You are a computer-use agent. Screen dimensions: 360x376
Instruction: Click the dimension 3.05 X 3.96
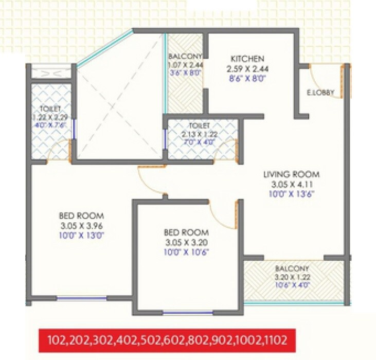click(x=82, y=225)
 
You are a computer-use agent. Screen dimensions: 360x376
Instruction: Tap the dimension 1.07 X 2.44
click(x=185, y=65)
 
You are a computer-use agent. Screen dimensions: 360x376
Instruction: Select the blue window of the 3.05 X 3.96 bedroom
click(x=81, y=297)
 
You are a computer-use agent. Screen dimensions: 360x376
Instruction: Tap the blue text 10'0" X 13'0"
click(x=82, y=235)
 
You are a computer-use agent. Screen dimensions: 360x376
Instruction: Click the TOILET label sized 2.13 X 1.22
click(x=199, y=125)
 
